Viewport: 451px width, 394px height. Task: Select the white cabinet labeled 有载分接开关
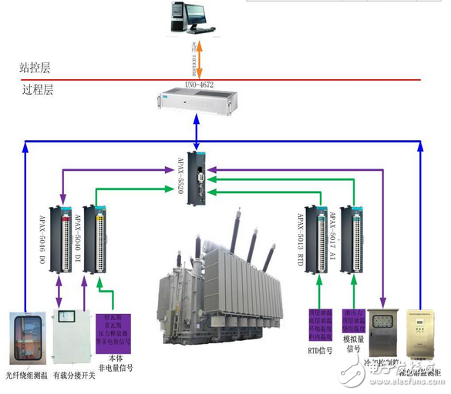[x=70, y=339]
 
